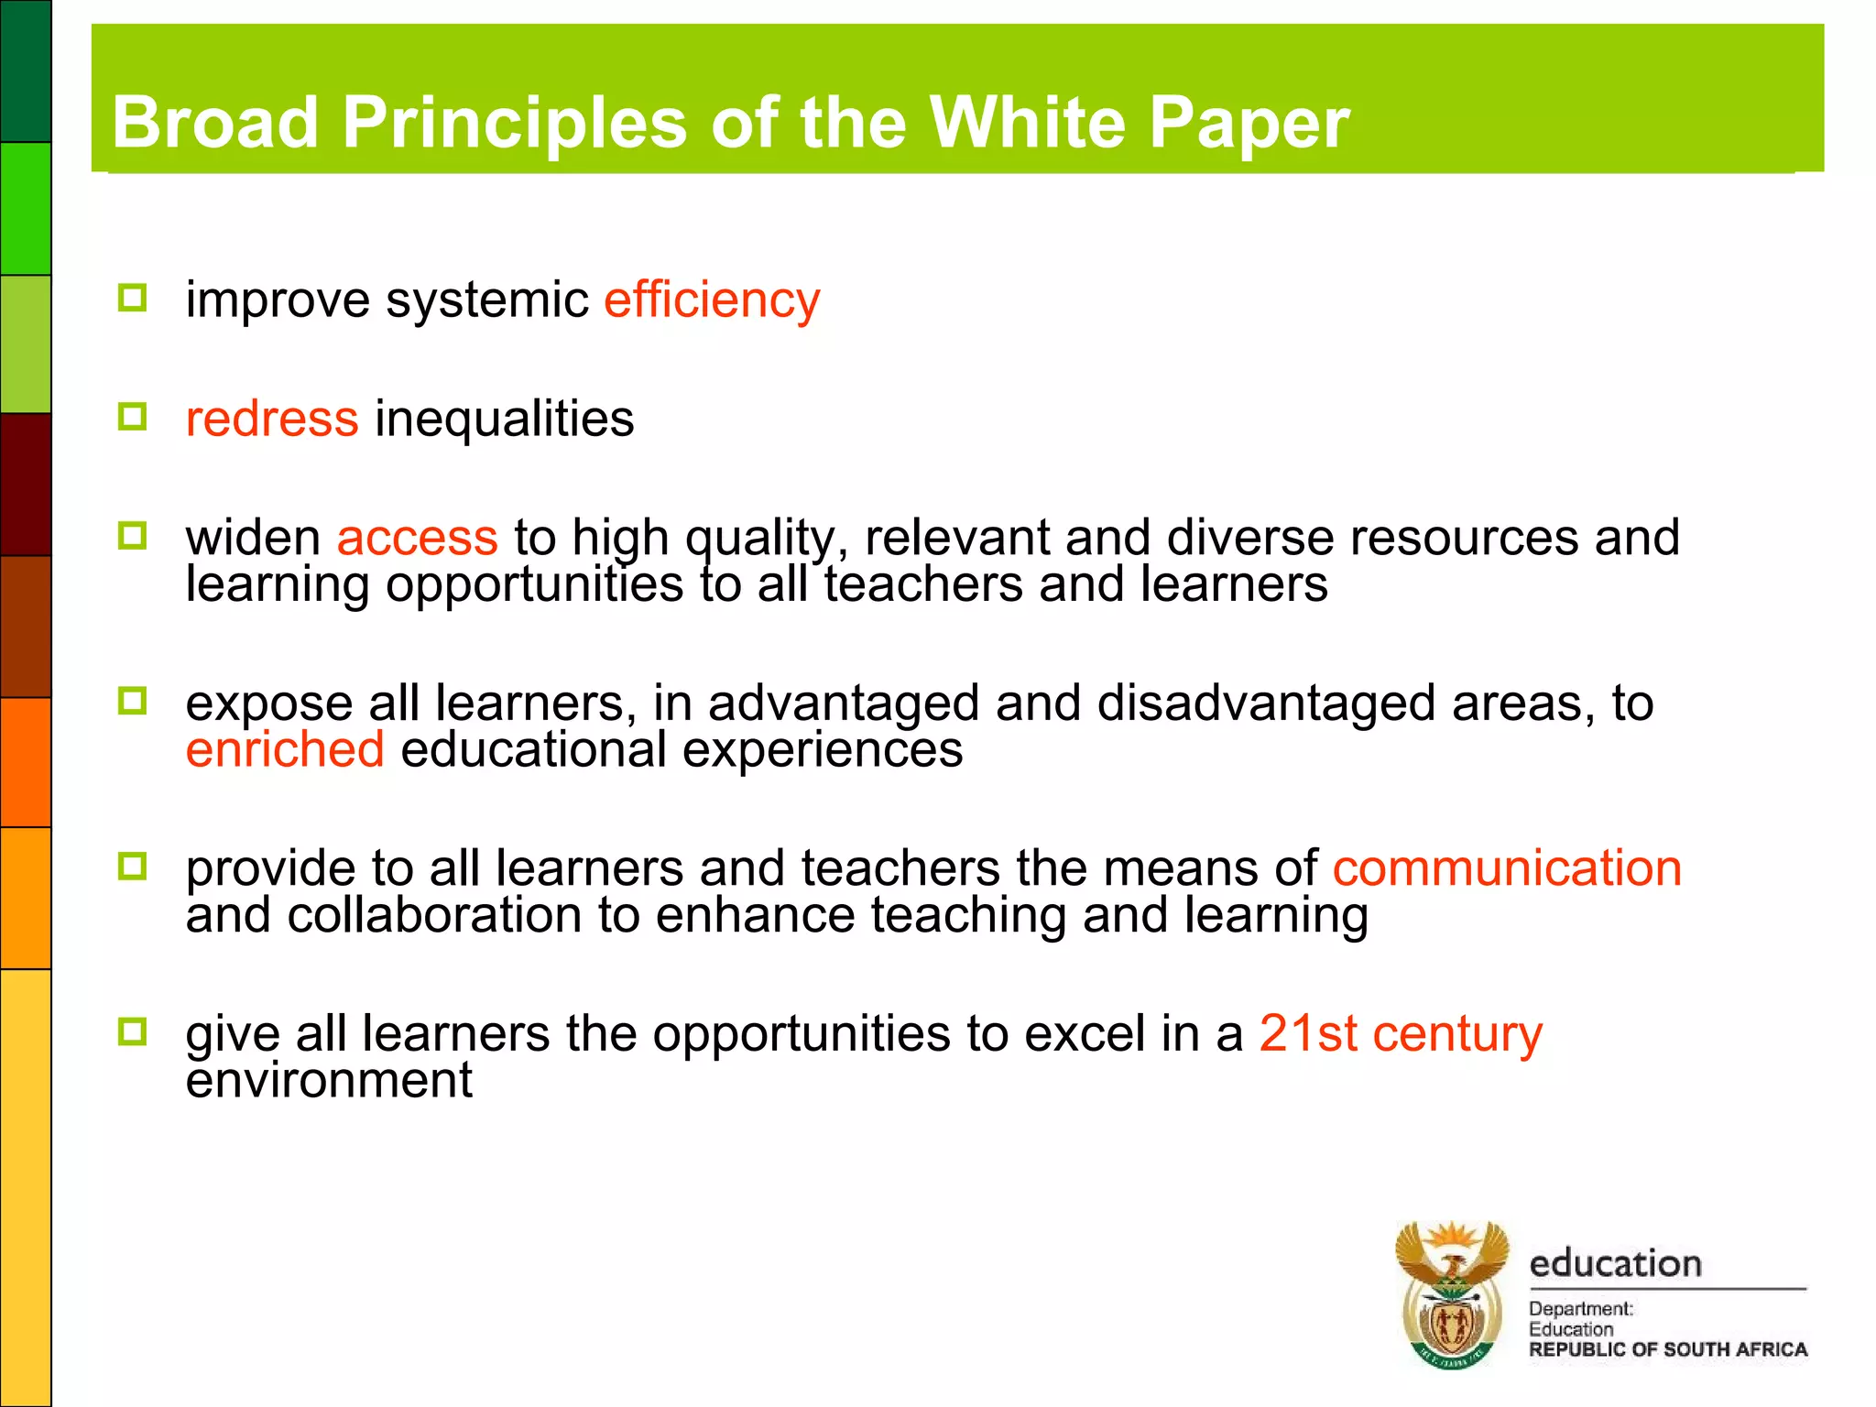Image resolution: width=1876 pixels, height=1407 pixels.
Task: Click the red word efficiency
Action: coord(712,300)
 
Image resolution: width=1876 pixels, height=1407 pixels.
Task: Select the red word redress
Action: coord(271,420)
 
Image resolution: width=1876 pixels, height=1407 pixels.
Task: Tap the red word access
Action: coord(417,538)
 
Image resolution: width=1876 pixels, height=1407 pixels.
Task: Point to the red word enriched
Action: coord(284,749)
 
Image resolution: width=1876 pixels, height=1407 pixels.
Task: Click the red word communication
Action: coord(1507,868)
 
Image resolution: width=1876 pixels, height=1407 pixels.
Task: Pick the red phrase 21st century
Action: coord(1400,1034)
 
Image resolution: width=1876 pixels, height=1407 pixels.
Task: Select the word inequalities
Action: coord(504,420)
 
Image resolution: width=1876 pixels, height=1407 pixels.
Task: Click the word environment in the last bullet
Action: coord(329,1081)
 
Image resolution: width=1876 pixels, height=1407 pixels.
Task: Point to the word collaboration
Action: coord(434,915)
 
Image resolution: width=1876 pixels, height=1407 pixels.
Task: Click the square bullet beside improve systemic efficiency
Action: coord(133,298)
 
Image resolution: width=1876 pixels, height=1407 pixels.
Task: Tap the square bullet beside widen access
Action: coord(133,536)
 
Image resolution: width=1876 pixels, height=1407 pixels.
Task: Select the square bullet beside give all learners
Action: coord(133,1032)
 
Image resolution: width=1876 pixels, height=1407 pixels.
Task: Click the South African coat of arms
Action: coord(1452,1294)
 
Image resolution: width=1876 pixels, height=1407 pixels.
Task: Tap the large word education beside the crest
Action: coord(1615,1264)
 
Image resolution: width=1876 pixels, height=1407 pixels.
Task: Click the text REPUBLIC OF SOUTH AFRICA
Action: coord(1667,1349)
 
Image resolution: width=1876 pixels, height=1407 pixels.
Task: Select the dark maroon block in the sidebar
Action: coord(26,484)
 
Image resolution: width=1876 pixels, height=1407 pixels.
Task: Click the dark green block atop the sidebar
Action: coord(26,71)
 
